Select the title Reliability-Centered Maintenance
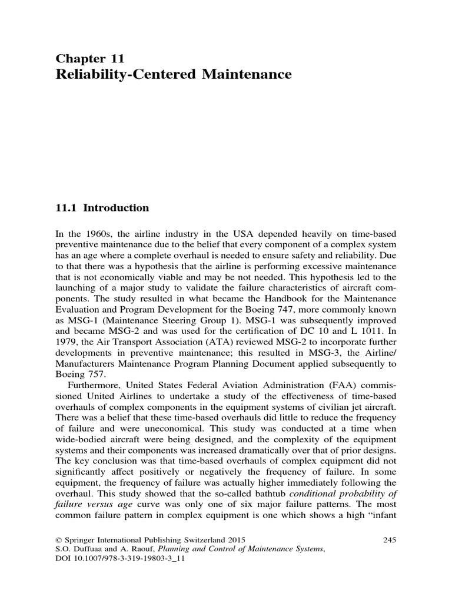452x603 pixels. coord(173,74)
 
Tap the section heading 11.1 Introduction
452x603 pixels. coord(102,208)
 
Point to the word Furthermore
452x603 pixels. coord(93,386)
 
